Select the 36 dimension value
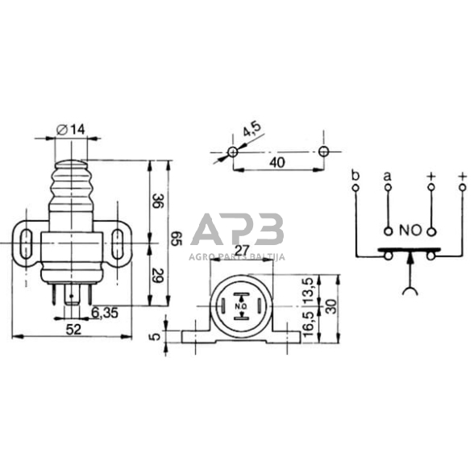tap(156, 201)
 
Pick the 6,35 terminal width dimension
tap(106, 311)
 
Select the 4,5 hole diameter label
tap(251, 130)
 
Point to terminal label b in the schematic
tap(355, 173)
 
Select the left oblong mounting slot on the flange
tap(27, 240)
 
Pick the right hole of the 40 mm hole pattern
tap(324, 152)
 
